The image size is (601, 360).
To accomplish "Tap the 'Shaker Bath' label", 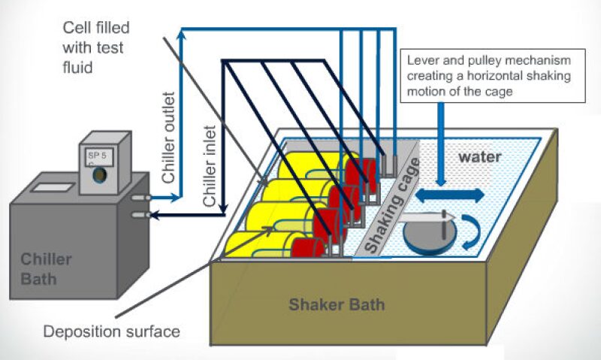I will point(337,304).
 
